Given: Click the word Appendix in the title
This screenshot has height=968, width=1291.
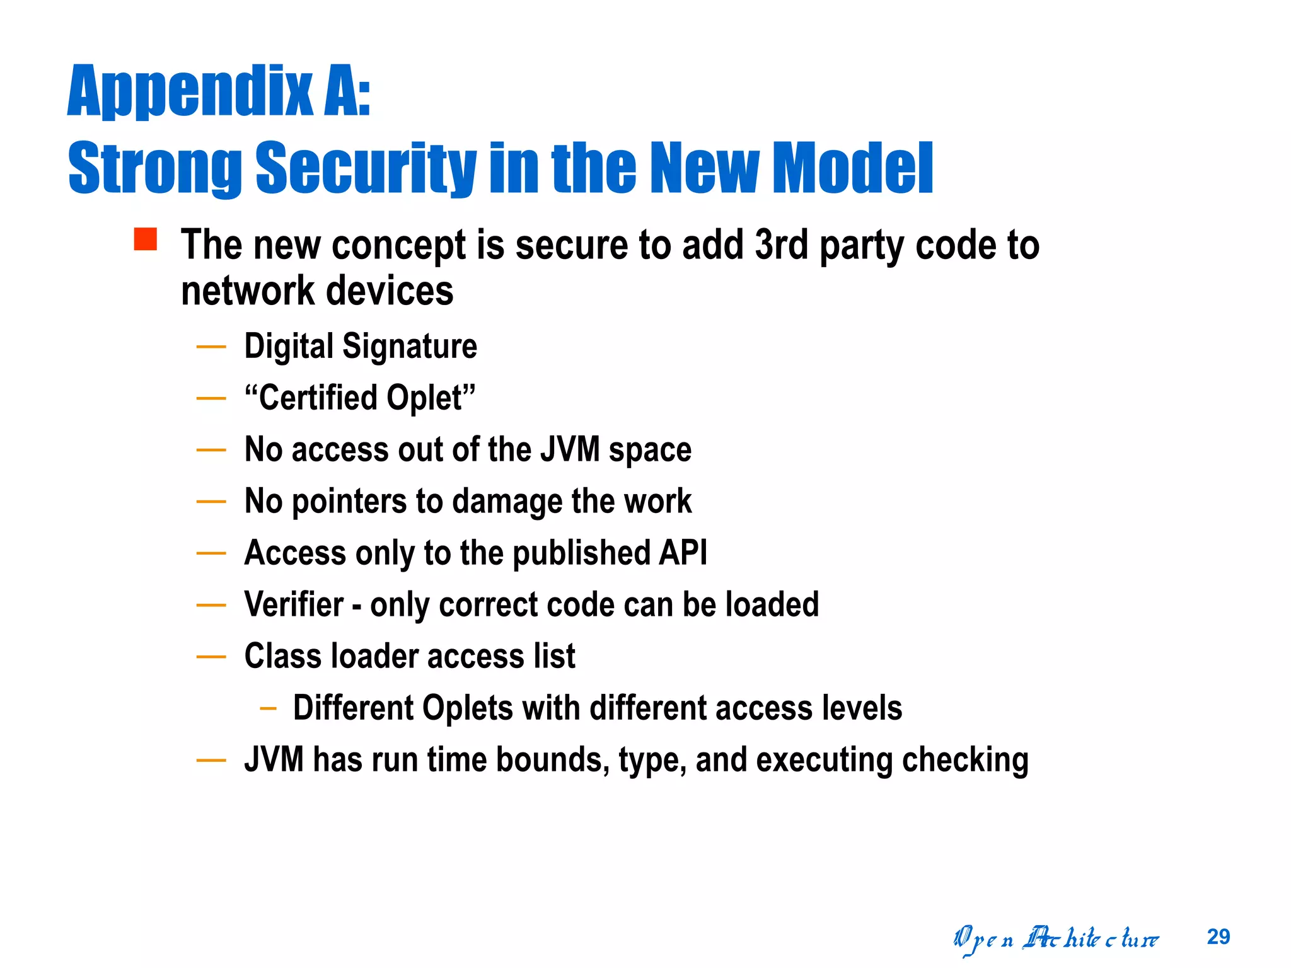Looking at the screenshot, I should tap(189, 91).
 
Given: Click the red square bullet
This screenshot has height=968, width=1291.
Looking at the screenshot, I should tap(145, 239).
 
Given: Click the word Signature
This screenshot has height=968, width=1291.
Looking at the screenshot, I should tap(410, 346).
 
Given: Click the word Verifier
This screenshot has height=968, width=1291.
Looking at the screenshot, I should tap(294, 604).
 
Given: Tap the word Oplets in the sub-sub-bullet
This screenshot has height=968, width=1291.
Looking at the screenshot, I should tap(467, 708).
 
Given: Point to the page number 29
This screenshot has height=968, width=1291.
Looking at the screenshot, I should tap(1219, 936).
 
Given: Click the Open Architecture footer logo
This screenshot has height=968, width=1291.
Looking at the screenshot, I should tap(1056, 939).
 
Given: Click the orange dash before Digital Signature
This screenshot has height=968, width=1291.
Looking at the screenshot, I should tap(211, 346).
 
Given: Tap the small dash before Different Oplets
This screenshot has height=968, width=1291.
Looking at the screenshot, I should tap(268, 708).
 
